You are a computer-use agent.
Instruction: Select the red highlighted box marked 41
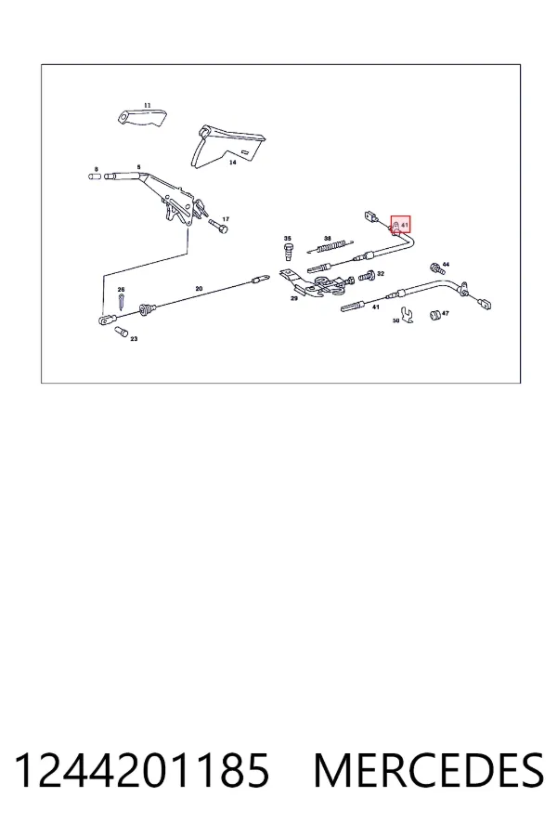401,225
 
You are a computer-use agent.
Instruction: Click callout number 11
147,106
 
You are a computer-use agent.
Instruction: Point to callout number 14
232,162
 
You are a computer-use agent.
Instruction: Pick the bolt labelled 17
218,226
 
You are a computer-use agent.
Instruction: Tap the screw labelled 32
366,276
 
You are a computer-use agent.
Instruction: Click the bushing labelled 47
435,315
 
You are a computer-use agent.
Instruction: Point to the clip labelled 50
408,315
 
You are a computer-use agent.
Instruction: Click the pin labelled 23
121,332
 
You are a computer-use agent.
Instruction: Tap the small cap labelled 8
95,176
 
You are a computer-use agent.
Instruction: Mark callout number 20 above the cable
199,289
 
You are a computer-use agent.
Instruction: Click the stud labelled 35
290,251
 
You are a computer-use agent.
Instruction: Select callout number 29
294,298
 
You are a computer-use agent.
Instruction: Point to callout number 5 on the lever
139,167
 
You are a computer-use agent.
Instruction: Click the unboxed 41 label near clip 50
376,307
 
